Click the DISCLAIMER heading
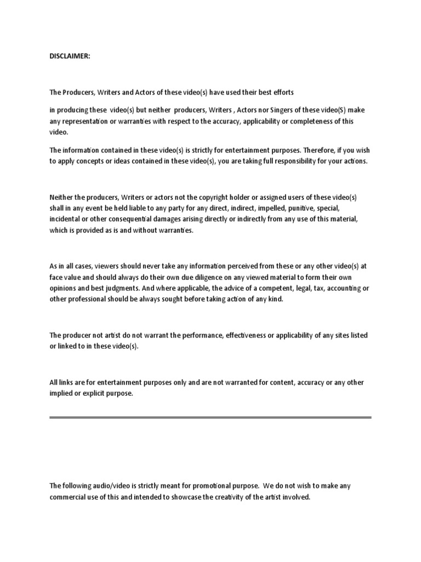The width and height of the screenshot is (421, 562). point(70,56)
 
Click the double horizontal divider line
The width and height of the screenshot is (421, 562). point(210,418)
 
